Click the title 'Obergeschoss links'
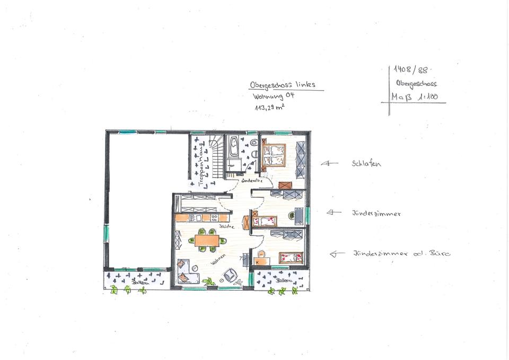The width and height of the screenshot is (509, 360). pyautogui.click(x=283, y=85)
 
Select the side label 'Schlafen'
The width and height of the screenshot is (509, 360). pyautogui.click(x=366, y=164)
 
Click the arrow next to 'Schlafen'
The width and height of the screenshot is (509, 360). pyautogui.click(x=329, y=164)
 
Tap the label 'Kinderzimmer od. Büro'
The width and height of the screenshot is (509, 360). pyautogui.click(x=402, y=254)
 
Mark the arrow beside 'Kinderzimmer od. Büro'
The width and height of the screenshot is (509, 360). pyautogui.click(x=337, y=254)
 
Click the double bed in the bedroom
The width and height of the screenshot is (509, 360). pyautogui.click(x=274, y=155)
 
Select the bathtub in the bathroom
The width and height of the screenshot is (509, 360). pyautogui.click(x=233, y=146)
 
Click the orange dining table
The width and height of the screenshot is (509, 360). pyautogui.click(x=206, y=240)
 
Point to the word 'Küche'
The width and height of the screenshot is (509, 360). pyautogui.click(x=226, y=226)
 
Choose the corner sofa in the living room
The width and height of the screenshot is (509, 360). pyautogui.click(x=187, y=270)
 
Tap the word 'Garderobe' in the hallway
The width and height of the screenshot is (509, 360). pyautogui.click(x=251, y=181)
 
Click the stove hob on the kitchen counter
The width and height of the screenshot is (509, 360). pyautogui.click(x=215, y=217)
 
